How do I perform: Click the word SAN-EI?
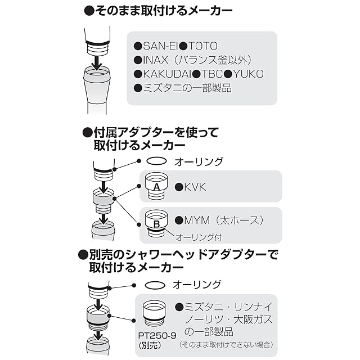click(x=160, y=46)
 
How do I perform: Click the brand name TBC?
click(x=212, y=74)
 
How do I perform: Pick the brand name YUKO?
click(x=248, y=74)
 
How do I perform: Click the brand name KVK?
click(x=195, y=187)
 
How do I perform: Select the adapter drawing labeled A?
click(x=157, y=187)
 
